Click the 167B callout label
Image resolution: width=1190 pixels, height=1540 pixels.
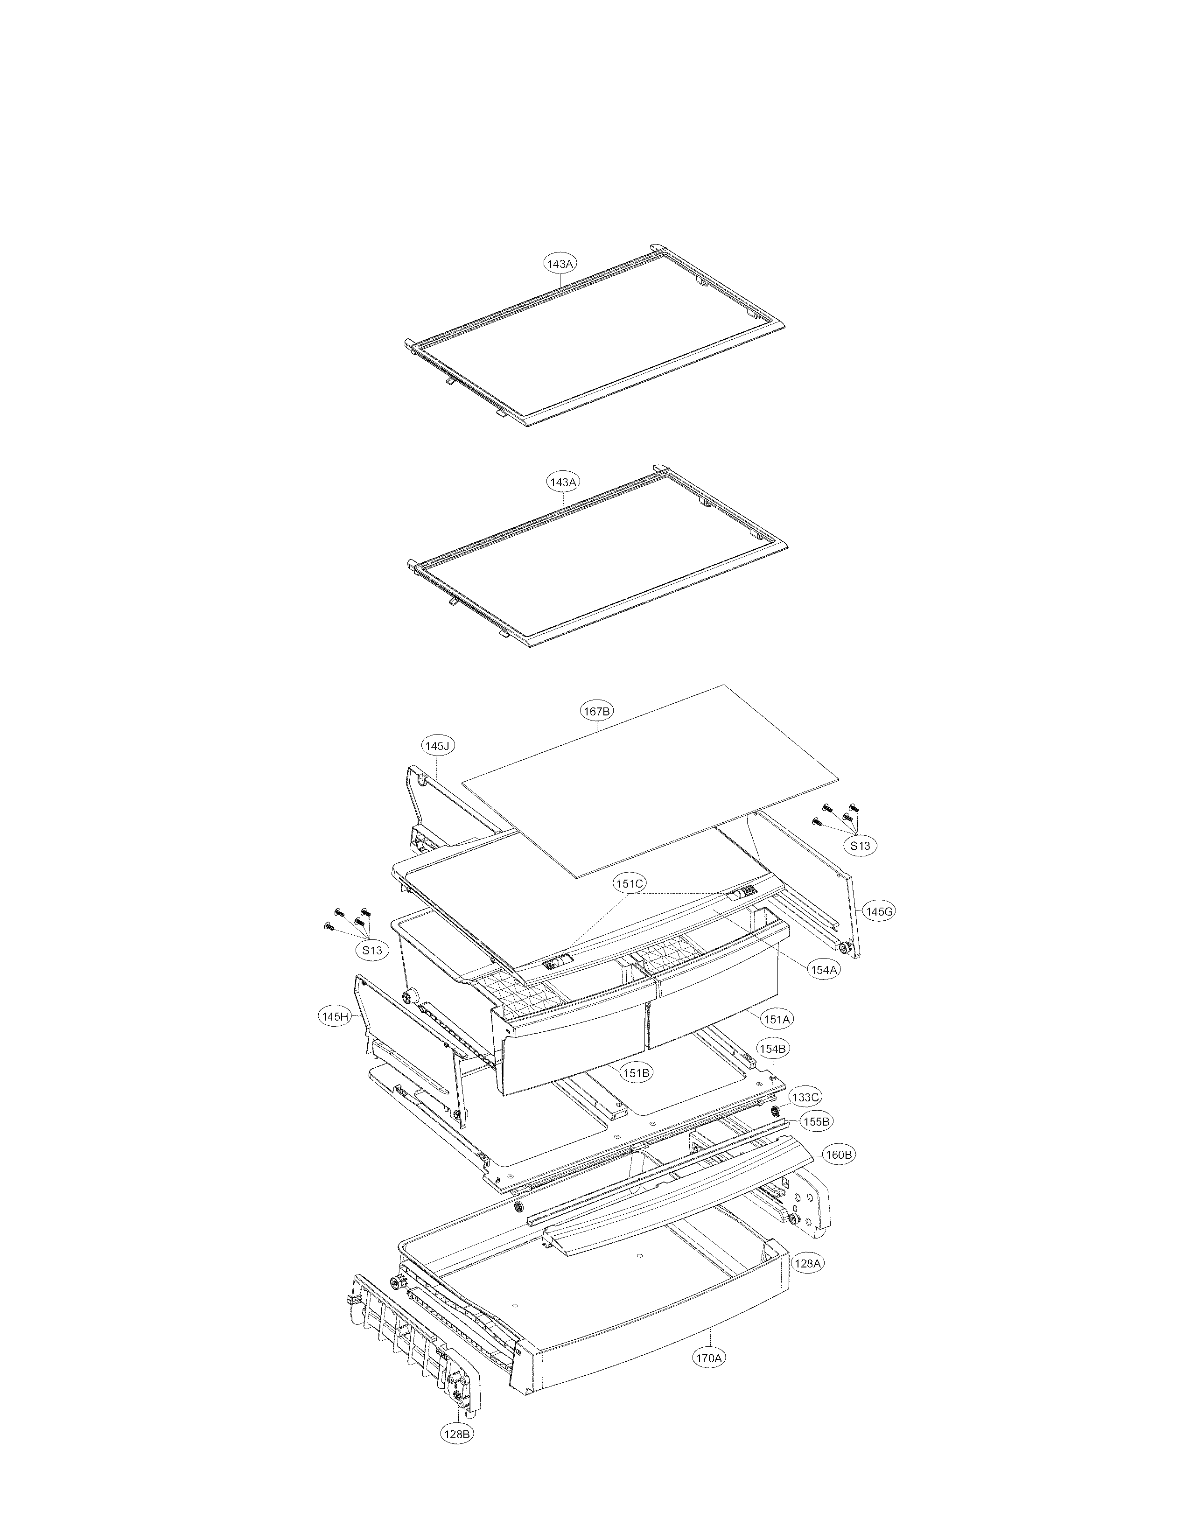pyautogui.click(x=596, y=712)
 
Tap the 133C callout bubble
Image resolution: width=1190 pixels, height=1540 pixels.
pyautogui.click(x=805, y=1098)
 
